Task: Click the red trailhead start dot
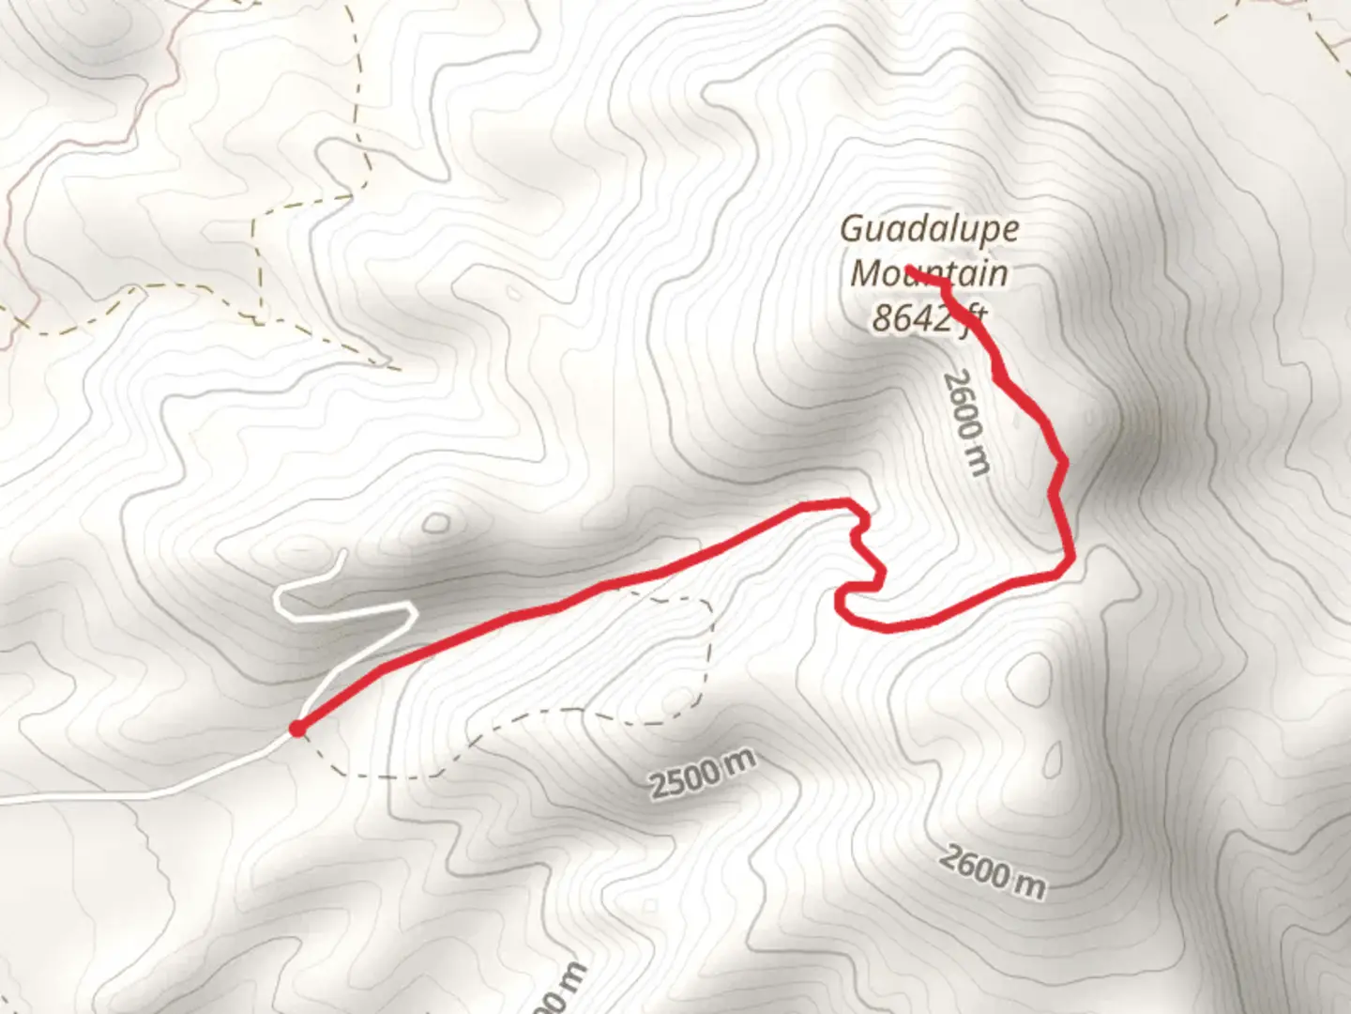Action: (x=297, y=729)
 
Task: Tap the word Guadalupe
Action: (x=929, y=228)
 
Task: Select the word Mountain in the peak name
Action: (x=929, y=273)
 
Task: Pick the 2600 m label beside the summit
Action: (x=967, y=422)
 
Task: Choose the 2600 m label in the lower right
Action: (x=993, y=871)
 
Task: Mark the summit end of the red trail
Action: (x=909, y=270)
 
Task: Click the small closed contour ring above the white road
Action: (x=434, y=523)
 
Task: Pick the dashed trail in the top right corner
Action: (x=1313, y=28)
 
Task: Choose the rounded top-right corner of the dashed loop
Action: (x=706, y=606)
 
